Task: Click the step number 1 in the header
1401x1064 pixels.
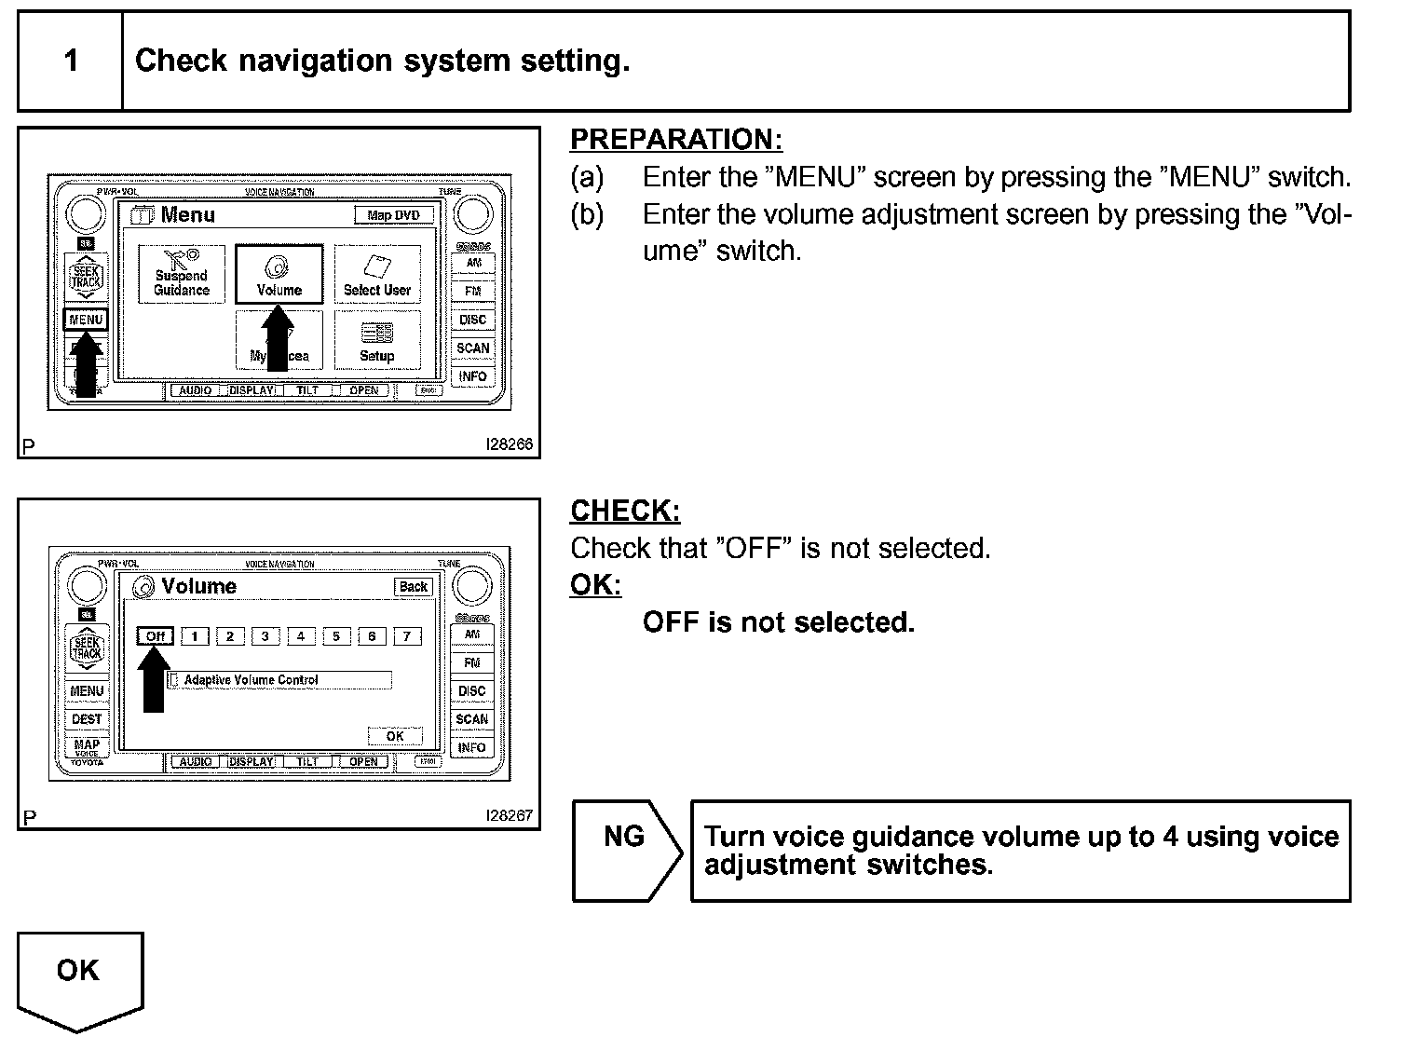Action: click(x=71, y=61)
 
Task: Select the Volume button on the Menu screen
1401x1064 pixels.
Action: click(x=279, y=274)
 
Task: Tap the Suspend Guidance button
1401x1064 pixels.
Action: click(x=182, y=274)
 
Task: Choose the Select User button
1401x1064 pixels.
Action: click(x=376, y=274)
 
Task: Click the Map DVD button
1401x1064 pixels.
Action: click(x=393, y=215)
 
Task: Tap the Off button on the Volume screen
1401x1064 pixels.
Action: click(x=155, y=636)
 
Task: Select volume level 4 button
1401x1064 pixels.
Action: click(x=300, y=636)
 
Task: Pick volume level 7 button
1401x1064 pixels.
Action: click(x=407, y=636)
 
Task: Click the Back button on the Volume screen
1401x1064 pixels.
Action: click(x=413, y=587)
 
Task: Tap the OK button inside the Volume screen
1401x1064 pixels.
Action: click(x=395, y=736)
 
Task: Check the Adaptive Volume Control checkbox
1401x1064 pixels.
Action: click(x=173, y=680)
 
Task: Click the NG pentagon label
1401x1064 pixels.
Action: click(x=625, y=837)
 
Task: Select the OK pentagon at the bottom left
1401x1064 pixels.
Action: click(x=78, y=971)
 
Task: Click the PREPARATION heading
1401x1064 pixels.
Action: click(x=676, y=140)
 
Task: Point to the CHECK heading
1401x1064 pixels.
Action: click(x=625, y=512)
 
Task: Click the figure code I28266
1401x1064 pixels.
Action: click(x=510, y=444)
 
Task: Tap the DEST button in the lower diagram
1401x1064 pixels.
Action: click(x=87, y=719)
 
